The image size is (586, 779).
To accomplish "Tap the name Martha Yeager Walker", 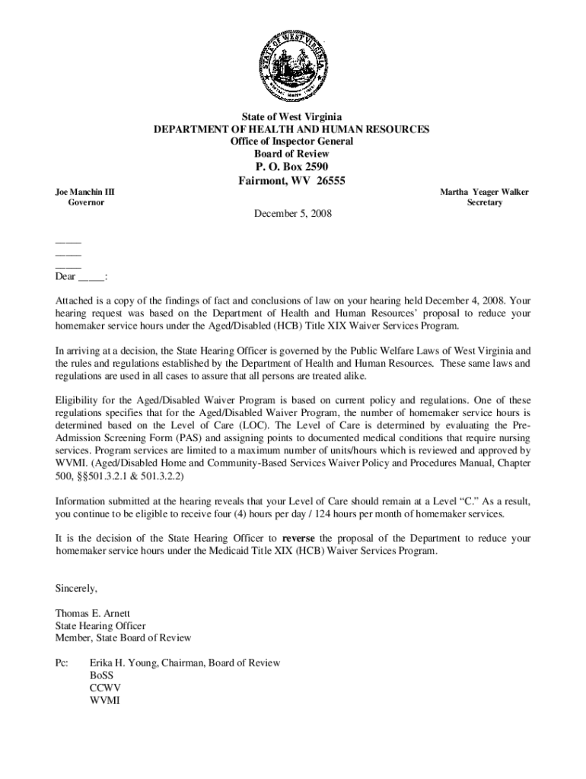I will (484, 192).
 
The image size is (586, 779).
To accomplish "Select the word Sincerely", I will (77, 588).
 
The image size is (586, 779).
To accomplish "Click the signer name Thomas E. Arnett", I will (93, 613).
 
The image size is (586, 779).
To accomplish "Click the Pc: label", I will (62, 663).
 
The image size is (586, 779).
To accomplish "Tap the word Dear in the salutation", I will (65, 277).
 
